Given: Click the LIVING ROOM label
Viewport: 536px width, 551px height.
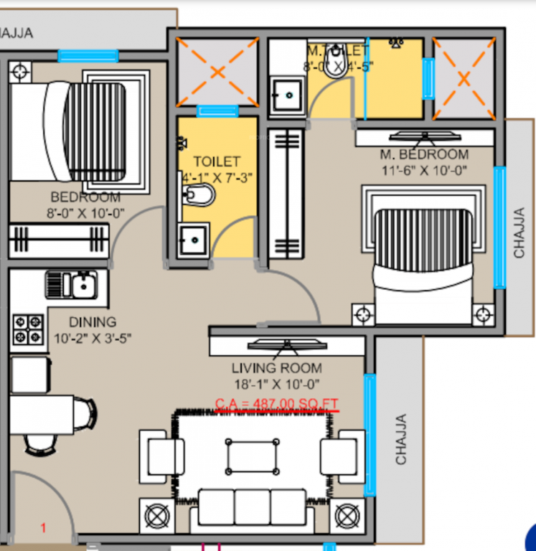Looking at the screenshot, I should point(276,368).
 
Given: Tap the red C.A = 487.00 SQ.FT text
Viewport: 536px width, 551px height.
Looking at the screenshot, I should point(277,405).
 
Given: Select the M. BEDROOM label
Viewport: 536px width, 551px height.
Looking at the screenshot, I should point(424,155).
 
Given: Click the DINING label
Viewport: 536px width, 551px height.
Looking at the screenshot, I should point(93,322).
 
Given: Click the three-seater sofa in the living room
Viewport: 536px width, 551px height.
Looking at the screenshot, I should point(252,507).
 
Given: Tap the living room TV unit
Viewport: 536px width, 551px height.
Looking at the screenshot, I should point(287,345).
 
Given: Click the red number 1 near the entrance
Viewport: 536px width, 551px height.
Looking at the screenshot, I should point(43,528).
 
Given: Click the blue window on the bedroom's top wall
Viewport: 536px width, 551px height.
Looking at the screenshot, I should point(88,56).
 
